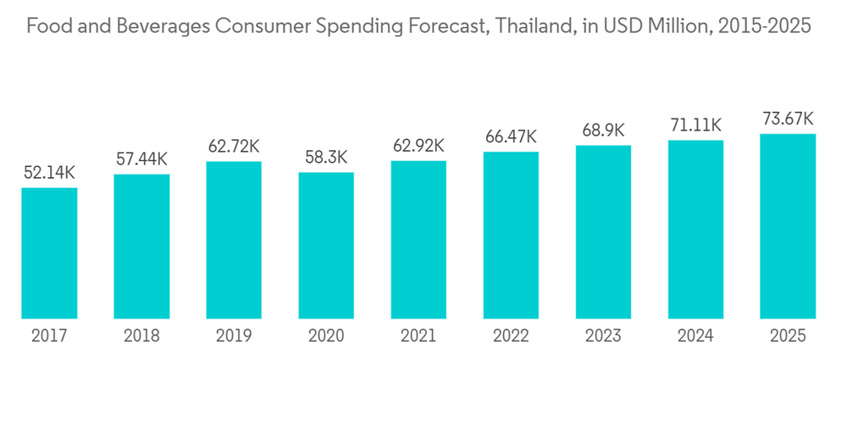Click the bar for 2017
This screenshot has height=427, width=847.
coord(49,253)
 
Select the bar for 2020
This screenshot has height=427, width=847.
coord(326,246)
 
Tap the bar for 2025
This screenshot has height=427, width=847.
coord(788,226)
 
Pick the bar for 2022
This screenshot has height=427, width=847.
coord(511,236)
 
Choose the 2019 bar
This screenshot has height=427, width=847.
coord(234,240)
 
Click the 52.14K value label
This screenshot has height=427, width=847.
coord(49,173)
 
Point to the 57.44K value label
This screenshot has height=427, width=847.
coord(141,159)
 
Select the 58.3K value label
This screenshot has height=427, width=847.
coord(326,158)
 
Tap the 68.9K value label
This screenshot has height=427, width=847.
coord(603,130)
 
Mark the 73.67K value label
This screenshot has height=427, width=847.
coord(788,119)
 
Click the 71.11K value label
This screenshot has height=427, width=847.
coord(695,125)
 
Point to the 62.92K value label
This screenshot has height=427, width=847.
coord(418,146)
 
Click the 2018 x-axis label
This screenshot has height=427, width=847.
coord(141,336)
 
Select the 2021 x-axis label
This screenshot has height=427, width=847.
coord(418,336)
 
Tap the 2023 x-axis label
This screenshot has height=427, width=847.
coord(603,336)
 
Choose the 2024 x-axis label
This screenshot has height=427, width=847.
coord(695,336)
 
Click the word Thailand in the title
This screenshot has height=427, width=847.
coord(533,26)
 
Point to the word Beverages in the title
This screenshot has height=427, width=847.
coord(160,26)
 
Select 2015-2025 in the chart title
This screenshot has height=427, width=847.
coord(764,26)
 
